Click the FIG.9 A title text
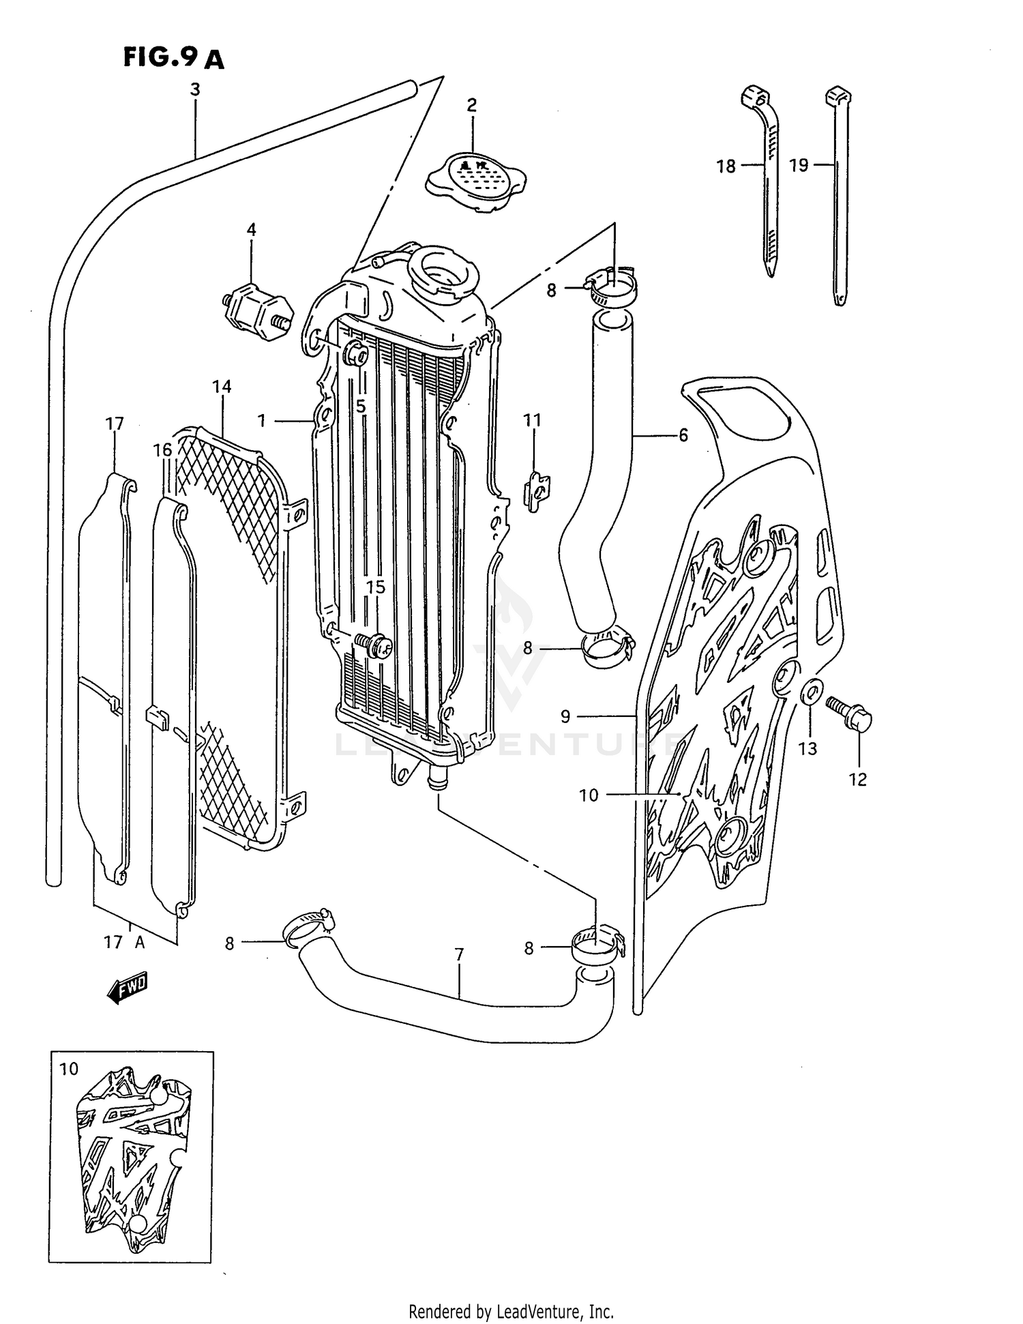(x=173, y=59)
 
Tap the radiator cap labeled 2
(x=475, y=181)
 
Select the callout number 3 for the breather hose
(x=195, y=89)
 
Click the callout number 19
(x=799, y=165)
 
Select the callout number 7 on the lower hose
(x=459, y=954)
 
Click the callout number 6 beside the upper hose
(x=683, y=435)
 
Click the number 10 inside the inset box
(x=69, y=1069)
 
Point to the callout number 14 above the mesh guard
(x=222, y=387)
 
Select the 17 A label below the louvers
(x=124, y=942)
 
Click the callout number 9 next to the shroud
(x=565, y=716)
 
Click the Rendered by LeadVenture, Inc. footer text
(x=511, y=1311)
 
